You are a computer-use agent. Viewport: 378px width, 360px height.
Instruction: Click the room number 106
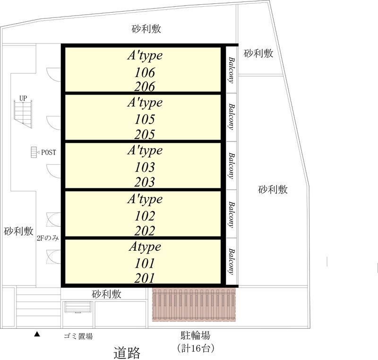pyautogui.click(x=145, y=72)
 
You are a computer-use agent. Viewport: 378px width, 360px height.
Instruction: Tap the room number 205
pyautogui.click(x=145, y=134)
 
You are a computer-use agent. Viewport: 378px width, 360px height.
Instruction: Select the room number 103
pyautogui.click(x=145, y=167)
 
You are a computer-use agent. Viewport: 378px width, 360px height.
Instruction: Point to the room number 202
pyautogui.click(x=145, y=231)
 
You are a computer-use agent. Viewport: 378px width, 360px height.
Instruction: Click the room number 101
pyautogui.click(x=145, y=263)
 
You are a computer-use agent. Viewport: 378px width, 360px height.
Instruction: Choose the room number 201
pyautogui.click(x=145, y=278)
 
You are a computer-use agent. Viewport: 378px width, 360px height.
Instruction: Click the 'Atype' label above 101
pyautogui.click(x=145, y=247)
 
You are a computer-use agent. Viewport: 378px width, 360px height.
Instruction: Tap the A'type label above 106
pyautogui.click(x=145, y=55)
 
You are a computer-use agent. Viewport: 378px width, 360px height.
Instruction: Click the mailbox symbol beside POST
pyautogui.click(x=34, y=152)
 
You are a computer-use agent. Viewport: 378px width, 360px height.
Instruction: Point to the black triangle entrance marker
pyautogui.click(x=37, y=335)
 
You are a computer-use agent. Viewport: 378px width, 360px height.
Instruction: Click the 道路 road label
pyautogui.click(x=127, y=352)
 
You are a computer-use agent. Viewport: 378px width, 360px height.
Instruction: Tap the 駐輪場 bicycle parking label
pyautogui.click(x=195, y=336)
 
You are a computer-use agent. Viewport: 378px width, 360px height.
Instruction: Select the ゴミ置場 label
pyautogui.click(x=78, y=336)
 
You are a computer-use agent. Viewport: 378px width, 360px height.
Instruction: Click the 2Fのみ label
pyautogui.click(x=47, y=238)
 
